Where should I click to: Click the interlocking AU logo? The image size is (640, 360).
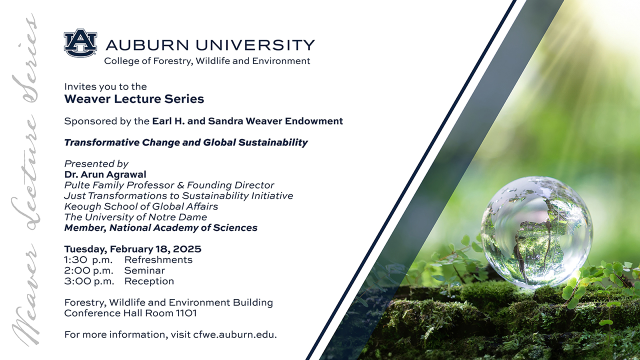80,43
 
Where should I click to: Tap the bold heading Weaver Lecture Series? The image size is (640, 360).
134,99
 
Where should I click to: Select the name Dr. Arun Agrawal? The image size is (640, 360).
105,174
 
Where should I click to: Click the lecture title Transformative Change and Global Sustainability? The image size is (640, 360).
186,142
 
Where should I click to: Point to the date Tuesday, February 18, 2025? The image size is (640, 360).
132,249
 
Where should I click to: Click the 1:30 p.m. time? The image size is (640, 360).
88,259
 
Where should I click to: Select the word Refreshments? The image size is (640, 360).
158,259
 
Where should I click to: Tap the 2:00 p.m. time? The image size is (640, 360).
88,270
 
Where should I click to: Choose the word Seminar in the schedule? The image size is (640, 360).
144,270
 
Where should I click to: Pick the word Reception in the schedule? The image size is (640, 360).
149,281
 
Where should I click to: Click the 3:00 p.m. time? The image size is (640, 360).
89,281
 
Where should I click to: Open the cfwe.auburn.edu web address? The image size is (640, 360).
235,334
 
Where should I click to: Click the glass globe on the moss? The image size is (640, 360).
536,232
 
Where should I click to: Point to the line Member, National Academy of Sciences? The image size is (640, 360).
161,227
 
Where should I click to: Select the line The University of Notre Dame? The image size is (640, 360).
135,217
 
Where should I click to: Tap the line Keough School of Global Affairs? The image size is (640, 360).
141,206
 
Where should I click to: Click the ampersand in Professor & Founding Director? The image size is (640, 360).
180,185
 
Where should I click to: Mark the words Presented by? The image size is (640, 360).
96,163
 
